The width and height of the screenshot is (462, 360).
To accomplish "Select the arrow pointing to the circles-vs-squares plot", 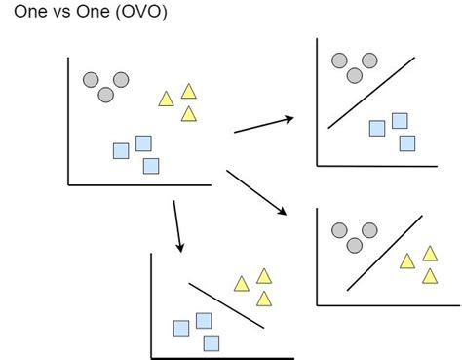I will tap(264, 124).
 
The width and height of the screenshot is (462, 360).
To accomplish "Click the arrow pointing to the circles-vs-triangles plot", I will tap(257, 192).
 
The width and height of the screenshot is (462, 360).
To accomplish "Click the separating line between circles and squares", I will tap(366, 99).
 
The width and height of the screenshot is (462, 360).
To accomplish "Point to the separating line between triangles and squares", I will tap(226, 305).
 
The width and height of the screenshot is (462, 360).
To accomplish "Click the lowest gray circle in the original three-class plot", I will tap(105, 95).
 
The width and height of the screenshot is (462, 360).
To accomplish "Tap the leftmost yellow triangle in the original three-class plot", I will tap(167, 99).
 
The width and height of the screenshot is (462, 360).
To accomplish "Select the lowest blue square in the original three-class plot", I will tap(150, 166).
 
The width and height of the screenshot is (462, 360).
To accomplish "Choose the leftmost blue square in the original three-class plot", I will tap(121, 150).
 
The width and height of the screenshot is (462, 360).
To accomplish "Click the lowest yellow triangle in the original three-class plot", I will tap(189, 115).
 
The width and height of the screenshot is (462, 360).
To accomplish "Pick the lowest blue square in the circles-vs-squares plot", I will tap(406, 143).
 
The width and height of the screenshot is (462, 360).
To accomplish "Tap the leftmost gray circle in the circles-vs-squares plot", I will tap(339, 60).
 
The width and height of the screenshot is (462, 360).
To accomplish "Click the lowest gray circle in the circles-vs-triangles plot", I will tap(355, 244).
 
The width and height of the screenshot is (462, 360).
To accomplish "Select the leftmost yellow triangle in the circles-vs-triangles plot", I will tap(407, 260).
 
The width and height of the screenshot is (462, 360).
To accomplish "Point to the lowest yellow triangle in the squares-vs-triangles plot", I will tap(264, 299).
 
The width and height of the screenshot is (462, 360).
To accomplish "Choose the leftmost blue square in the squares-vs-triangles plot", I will tap(181, 328).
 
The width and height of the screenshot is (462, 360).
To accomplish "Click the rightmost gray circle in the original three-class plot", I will tap(121, 79).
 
